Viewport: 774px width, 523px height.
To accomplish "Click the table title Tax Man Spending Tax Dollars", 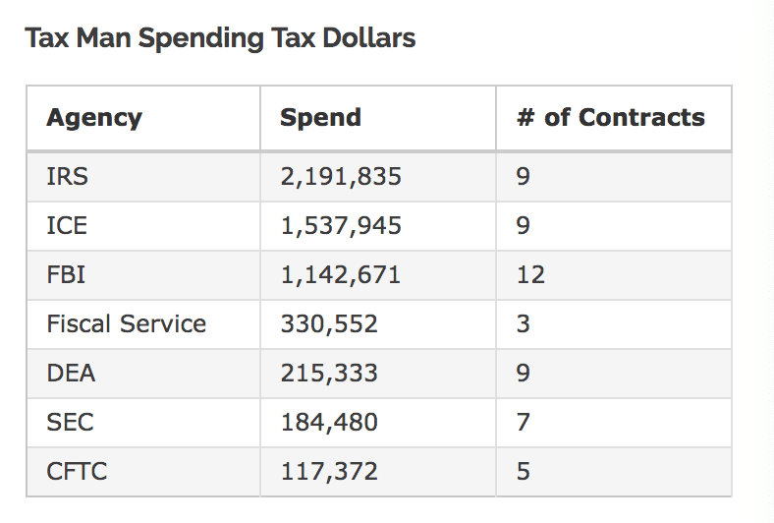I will pos(220,38).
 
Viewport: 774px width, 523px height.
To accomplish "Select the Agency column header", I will pos(94,118).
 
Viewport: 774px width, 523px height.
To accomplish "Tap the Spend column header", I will pos(320,118).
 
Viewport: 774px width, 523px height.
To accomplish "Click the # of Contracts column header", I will pos(611,118).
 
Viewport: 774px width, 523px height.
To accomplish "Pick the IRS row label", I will pos(67,177).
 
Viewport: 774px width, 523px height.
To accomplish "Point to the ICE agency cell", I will pos(67,226).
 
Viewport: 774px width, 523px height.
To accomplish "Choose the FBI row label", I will pos(66,274).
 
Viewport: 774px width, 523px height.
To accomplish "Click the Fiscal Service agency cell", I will pos(127,323).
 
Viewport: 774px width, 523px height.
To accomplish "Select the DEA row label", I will pos(71,373).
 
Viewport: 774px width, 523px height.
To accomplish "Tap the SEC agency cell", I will pos(69,422).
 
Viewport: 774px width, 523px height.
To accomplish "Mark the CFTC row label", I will pos(77,471).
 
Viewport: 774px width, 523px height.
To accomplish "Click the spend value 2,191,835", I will pos(341,177).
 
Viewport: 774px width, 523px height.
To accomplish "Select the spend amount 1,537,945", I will pos(341,226).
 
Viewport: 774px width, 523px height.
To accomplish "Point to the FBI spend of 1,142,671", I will pos(341,274).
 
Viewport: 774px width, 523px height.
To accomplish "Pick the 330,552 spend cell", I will pos(329,323).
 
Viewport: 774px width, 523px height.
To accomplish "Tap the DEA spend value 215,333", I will pos(329,373).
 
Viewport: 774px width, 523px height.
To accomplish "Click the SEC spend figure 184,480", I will pos(329,422).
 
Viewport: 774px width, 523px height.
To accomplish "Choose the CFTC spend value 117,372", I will pos(329,471).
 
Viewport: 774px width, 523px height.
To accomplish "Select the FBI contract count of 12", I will pos(530,274).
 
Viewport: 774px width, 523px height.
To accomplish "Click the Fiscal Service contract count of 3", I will pos(524,323).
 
